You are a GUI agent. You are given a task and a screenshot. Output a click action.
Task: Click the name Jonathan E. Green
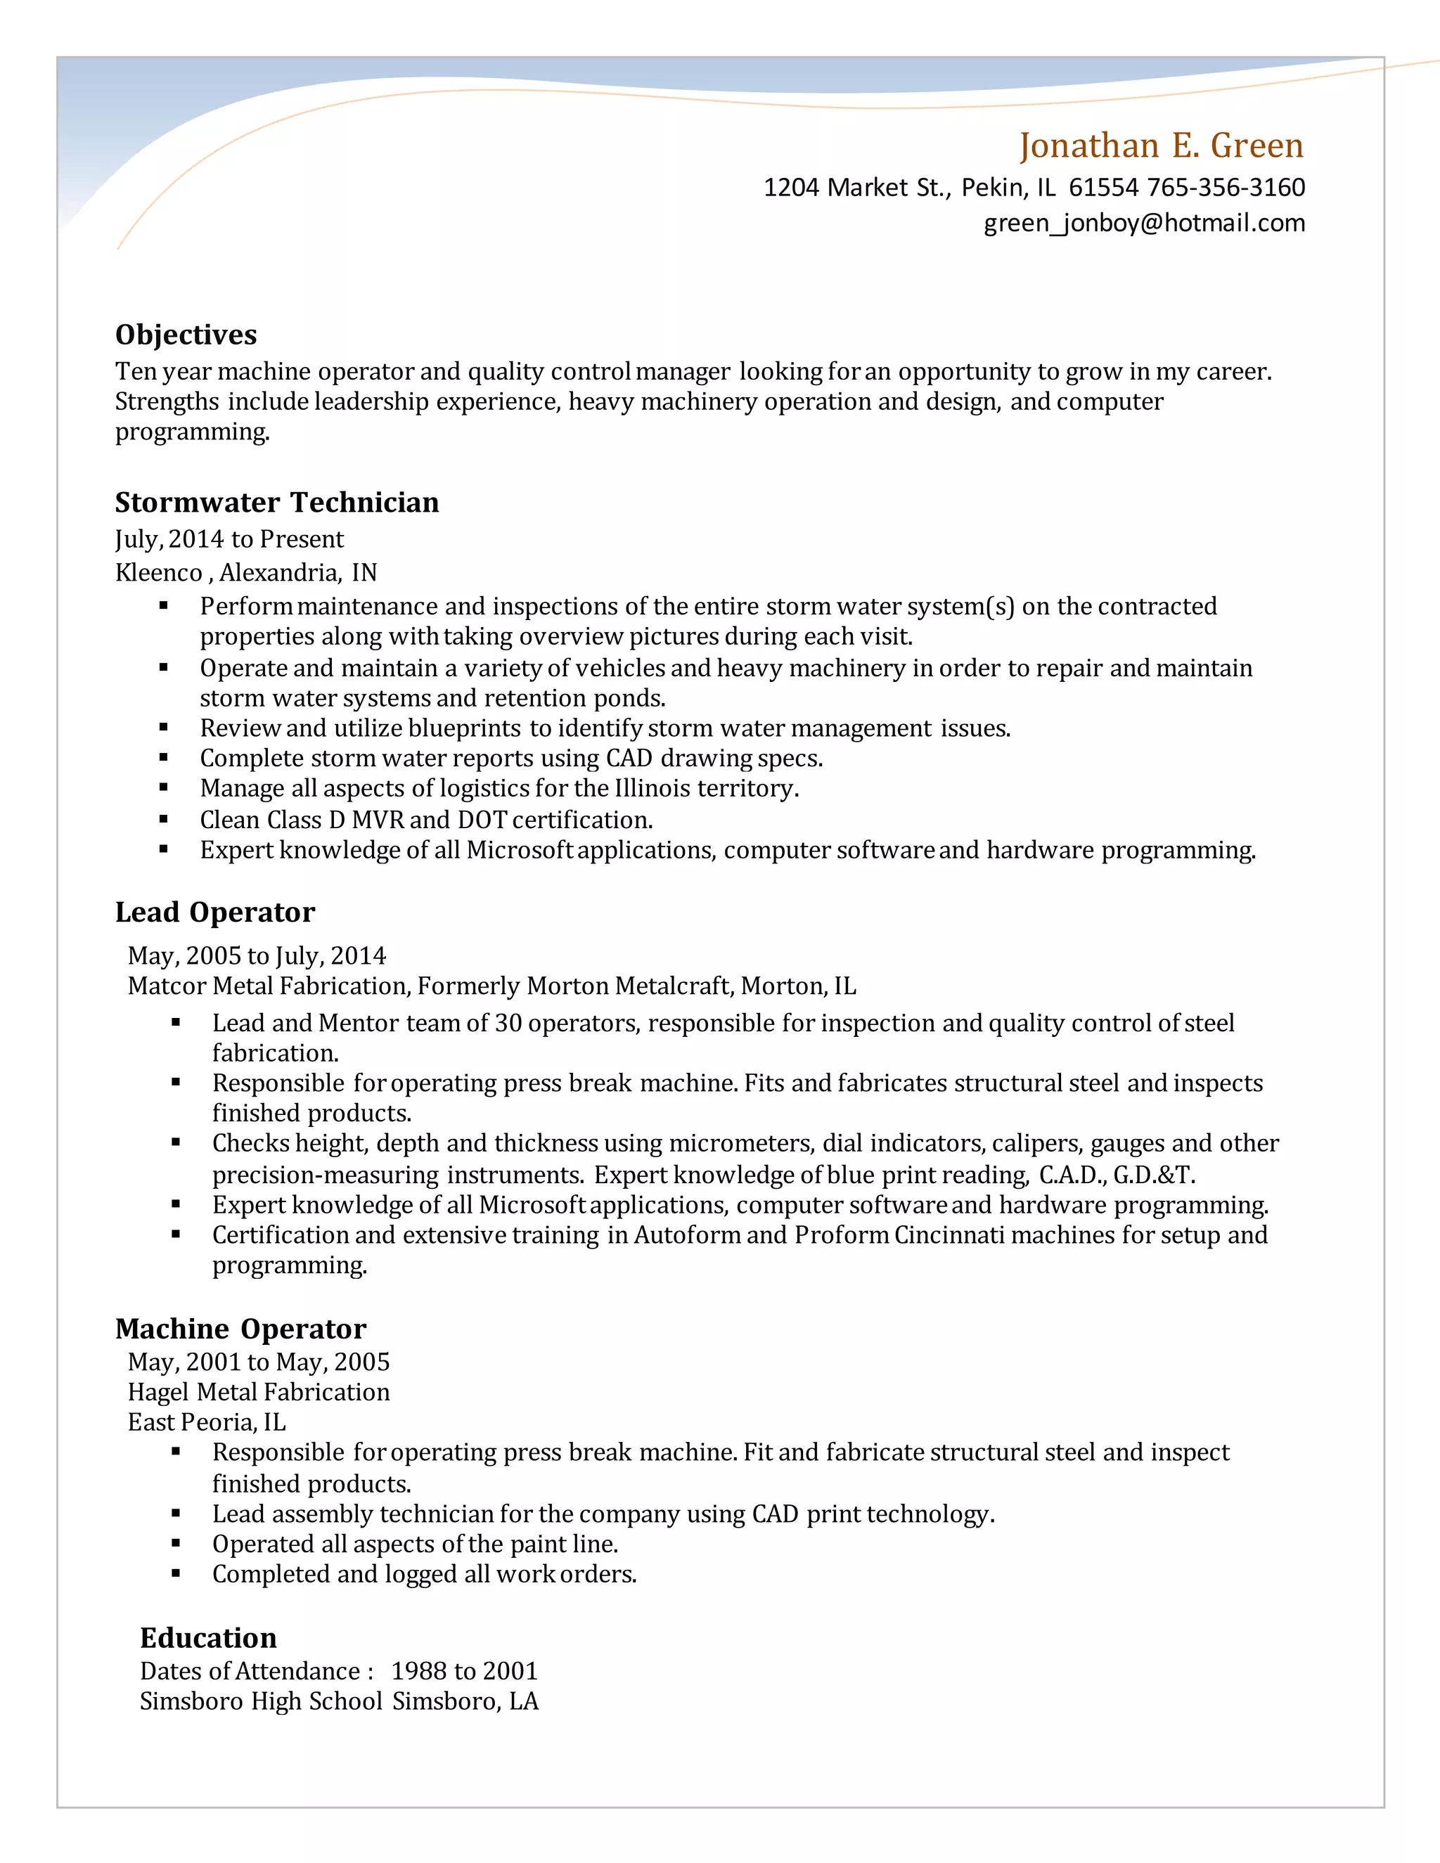pyautogui.click(x=1161, y=146)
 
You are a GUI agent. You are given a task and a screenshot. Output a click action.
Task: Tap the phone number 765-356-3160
pyautogui.click(x=1226, y=188)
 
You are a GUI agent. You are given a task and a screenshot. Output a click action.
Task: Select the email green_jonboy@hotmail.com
pyautogui.click(x=1144, y=224)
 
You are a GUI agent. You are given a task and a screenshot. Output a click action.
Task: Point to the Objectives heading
pyautogui.click(x=186, y=335)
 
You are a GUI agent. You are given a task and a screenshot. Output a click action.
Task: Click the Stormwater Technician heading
pyautogui.click(x=277, y=503)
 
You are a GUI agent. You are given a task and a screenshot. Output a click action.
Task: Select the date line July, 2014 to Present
pyautogui.click(x=229, y=539)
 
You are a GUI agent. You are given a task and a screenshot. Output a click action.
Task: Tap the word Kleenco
pyautogui.click(x=159, y=572)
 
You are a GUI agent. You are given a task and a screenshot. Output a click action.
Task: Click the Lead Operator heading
pyautogui.click(x=215, y=912)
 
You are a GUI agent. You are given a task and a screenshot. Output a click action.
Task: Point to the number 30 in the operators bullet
pyautogui.click(x=508, y=1023)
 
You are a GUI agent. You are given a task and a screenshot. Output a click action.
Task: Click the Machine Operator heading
pyautogui.click(x=240, y=1329)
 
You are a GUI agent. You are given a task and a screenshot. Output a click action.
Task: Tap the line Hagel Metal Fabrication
pyautogui.click(x=259, y=1392)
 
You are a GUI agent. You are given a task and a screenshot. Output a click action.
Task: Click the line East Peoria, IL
pyautogui.click(x=207, y=1423)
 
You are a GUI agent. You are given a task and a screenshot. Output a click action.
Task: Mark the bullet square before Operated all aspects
pyautogui.click(x=176, y=1543)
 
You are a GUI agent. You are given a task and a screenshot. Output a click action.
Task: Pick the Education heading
pyautogui.click(x=208, y=1638)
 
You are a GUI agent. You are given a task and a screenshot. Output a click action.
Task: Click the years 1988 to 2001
pyautogui.click(x=464, y=1671)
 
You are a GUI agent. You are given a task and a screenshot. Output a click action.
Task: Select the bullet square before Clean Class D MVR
pyautogui.click(x=164, y=819)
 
